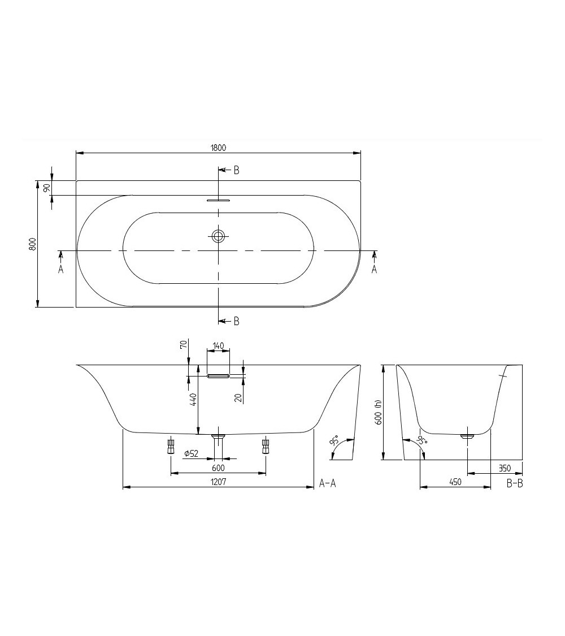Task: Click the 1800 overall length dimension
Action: coord(218,148)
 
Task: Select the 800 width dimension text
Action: coord(33,244)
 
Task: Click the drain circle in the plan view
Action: coord(218,236)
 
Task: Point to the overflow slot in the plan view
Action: coord(218,200)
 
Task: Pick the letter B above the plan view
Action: coord(236,170)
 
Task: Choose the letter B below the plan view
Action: coord(236,321)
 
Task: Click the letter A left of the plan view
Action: coord(60,269)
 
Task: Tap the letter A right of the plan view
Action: coord(373,269)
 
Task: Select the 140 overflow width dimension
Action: coord(218,346)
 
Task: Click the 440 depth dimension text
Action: coord(193,400)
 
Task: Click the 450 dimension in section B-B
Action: coord(455,482)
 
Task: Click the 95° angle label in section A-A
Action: coord(335,441)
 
